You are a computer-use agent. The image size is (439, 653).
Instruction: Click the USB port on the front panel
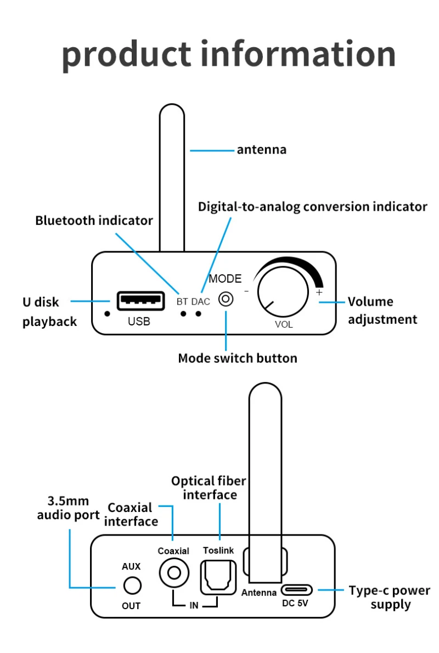point(140,301)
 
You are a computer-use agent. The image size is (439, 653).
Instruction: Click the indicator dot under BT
point(184,314)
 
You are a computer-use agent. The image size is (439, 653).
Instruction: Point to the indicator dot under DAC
point(199,314)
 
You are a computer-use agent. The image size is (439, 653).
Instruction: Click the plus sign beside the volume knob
point(319,292)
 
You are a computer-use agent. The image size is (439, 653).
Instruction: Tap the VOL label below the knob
point(284,324)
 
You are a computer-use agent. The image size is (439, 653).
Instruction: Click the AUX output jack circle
point(132,586)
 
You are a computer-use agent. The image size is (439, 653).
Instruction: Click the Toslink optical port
point(218,577)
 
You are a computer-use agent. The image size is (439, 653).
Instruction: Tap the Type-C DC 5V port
point(297,590)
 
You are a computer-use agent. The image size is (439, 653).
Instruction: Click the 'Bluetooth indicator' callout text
point(94,221)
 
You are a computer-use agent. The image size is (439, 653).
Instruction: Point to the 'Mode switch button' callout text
point(238,358)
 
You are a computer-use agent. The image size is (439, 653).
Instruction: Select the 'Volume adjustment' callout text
point(382,310)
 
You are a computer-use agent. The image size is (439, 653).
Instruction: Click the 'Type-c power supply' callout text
point(390,598)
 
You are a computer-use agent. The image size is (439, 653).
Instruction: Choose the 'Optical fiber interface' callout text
point(209,488)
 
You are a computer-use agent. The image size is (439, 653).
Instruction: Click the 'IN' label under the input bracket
point(194,606)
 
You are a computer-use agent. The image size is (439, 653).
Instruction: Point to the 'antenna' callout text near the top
point(261,149)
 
